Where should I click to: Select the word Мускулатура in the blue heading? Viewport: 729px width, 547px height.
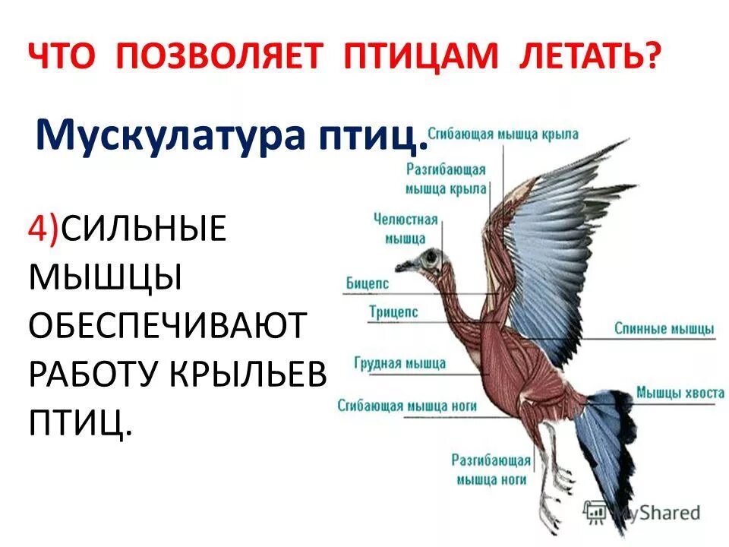tap(158, 136)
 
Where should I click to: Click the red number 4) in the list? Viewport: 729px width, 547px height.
tap(45, 229)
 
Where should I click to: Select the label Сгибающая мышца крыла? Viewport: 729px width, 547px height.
tap(503, 134)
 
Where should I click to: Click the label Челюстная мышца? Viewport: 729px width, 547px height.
tap(406, 229)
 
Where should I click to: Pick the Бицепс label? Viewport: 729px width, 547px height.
tap(367, 283)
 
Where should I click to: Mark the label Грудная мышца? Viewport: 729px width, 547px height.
tap(399, 363)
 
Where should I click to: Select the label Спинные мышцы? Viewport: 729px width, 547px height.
tap(664, 329)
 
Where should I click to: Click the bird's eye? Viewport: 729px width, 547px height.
tap(433, 258)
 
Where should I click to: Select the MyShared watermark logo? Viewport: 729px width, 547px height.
tap(642, 512)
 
